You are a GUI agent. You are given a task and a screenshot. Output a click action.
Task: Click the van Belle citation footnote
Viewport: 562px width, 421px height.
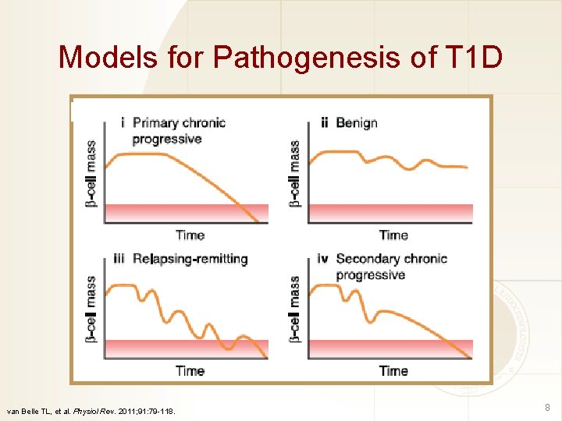tap(91, 411)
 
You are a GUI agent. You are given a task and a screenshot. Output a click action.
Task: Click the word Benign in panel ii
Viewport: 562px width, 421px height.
tap(357, 122)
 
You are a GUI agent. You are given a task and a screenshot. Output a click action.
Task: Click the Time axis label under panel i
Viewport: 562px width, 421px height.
tap(190, 235)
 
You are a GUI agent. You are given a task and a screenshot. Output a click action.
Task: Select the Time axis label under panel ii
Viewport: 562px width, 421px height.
tap(393, 235)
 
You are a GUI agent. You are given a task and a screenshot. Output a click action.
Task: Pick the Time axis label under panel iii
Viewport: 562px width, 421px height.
tap(190, 371)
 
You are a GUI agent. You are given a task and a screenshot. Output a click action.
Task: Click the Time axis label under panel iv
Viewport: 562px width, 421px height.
tap(393, 371)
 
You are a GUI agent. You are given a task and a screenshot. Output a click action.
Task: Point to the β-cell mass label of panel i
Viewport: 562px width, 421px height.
tap(91, 173)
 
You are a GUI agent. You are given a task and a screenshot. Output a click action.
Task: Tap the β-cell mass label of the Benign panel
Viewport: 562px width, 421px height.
tap(295, 173)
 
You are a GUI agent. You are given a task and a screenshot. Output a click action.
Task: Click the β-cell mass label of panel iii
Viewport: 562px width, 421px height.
tap(91, 310)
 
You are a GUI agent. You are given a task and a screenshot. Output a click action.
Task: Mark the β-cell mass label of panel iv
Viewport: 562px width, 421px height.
tap(295, 310)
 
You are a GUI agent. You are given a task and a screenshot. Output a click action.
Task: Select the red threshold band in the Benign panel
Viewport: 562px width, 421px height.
tap(390, 213)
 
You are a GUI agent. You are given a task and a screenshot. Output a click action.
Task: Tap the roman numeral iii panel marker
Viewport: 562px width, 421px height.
tap(119, 259)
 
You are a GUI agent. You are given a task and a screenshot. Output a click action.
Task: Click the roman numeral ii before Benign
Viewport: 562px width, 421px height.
tap(324, 122)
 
